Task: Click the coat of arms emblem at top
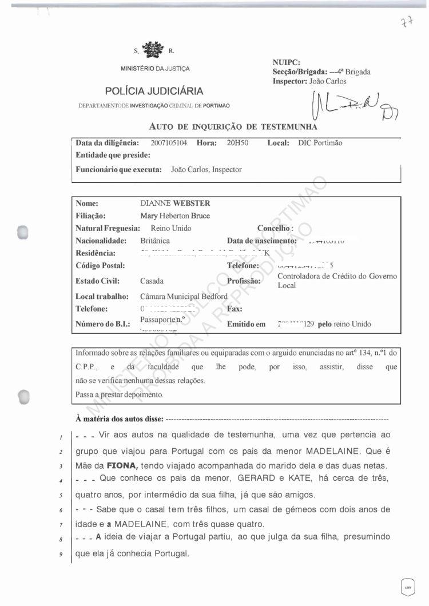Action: pos(152,50)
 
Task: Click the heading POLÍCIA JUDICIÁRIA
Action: pos(154,91)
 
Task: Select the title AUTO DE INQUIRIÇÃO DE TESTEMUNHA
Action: pos(233,126)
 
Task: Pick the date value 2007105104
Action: pos(169,143)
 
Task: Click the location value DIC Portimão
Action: pos(320,143)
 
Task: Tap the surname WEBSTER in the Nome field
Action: pos(192,203)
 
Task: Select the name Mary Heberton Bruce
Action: pos(175,216)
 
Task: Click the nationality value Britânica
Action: pos(155,241)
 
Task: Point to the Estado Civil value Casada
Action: pos(152,281)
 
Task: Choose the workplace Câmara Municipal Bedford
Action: pos(184,296)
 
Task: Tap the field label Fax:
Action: pos(235,309)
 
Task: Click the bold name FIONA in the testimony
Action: pos(122,465)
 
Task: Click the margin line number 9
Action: pos(60,555)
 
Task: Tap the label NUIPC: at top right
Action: pos(287,62)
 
